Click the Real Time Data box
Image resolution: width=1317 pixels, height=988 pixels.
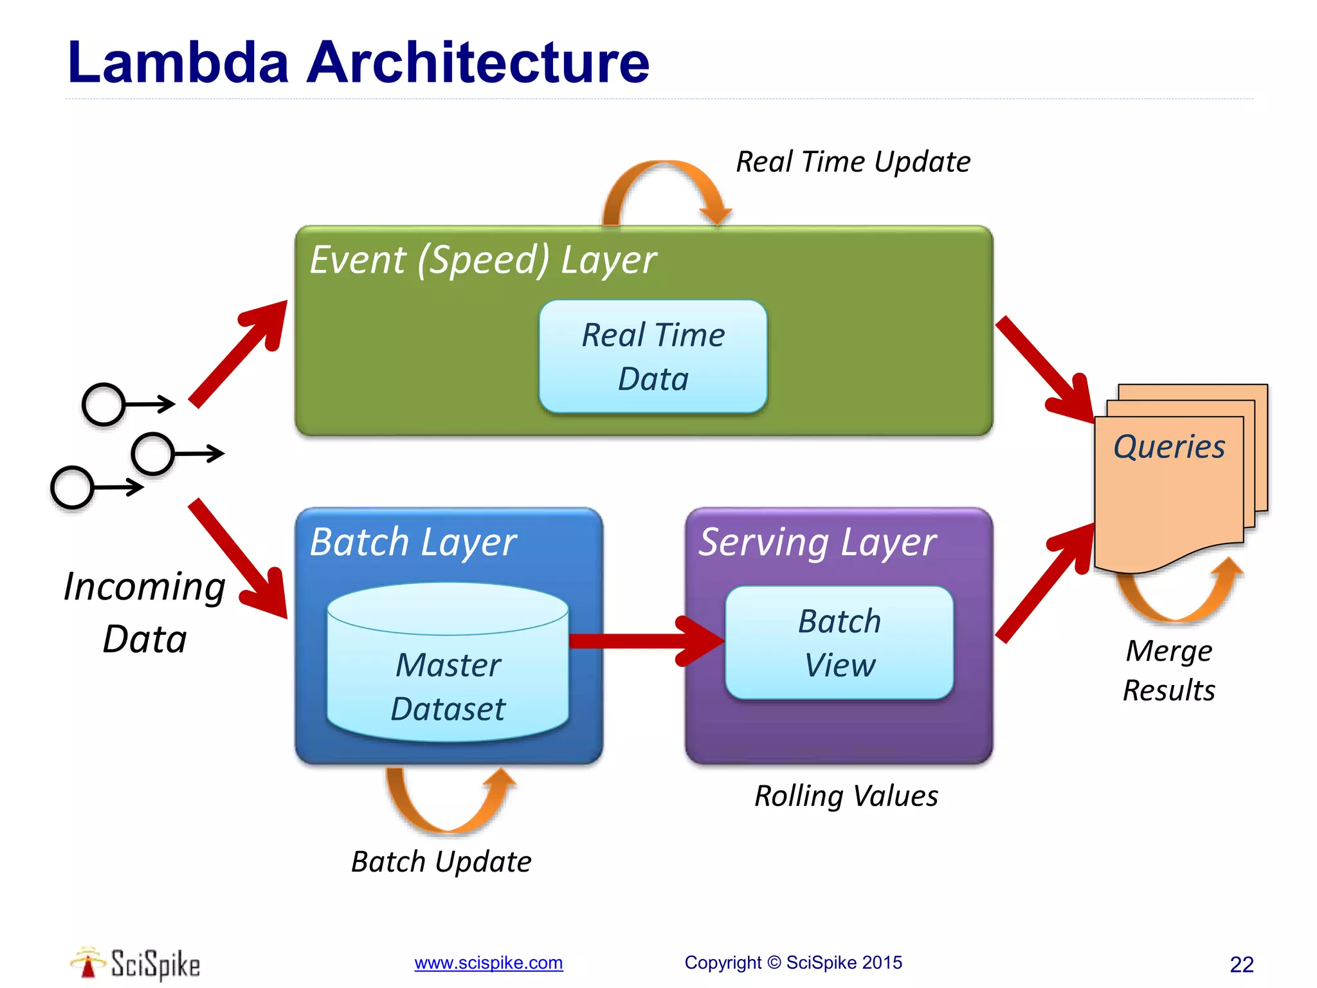click(x=653, y=356)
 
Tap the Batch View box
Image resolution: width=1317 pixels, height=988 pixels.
click(x=839, y=643)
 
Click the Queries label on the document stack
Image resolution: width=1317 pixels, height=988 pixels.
click(x=1169, y=446)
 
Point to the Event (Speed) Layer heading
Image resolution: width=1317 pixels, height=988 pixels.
click(x=483, y=261)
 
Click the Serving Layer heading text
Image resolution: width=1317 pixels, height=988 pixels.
click(x=817, y=542)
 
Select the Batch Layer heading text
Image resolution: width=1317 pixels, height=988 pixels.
click(x=413, y=542)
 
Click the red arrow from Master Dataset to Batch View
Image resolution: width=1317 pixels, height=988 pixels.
click(x=643, y=641)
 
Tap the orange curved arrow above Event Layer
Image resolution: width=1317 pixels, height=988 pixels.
click(x=666, y=183)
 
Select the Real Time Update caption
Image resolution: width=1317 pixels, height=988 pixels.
click(x=853, y=162)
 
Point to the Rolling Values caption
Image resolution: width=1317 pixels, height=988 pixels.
click(x=846, y=796)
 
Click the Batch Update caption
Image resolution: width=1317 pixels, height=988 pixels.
click(x=441, y=862)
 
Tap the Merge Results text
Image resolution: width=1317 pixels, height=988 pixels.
click(x=1169, y=670)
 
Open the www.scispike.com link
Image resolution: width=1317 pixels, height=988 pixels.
click(x=488, y=963)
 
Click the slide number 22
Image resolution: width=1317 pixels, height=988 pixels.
click(x=1241, y=964)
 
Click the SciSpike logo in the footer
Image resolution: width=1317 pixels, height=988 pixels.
click(x=136, y=964)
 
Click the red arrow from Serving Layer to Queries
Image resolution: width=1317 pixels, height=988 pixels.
click(x=1045, y=582)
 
